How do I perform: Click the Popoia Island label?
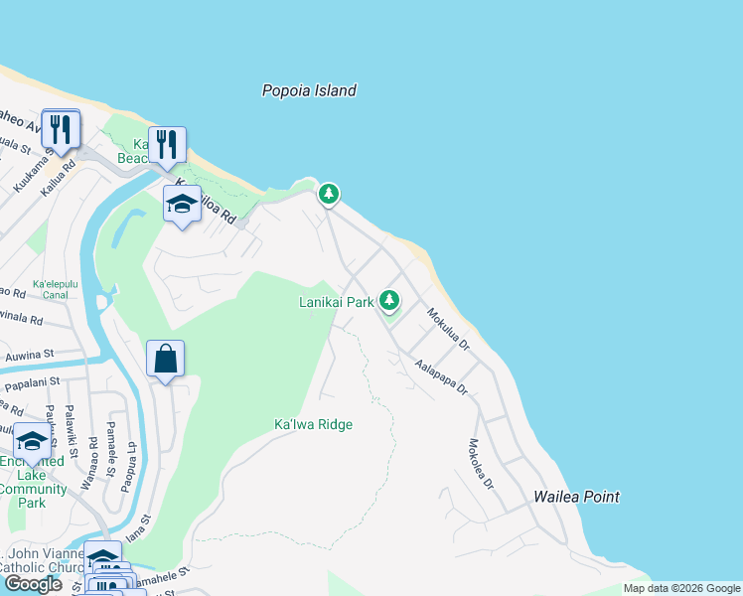(309, 90)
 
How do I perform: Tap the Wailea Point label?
(576, 497)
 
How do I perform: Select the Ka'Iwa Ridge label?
(313, 424)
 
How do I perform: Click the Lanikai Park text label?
(336, 301)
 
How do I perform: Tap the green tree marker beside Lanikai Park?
(390, 299)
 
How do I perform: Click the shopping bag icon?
(165, 359)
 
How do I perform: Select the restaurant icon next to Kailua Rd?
(62, 129)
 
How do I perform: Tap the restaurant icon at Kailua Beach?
(167, 145)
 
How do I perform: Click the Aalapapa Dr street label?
(441, 377)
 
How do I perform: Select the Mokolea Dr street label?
(481, 464)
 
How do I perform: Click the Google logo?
(32, 584)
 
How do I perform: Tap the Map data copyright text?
(681, 588)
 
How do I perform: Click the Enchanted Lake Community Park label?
(33, 482)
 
